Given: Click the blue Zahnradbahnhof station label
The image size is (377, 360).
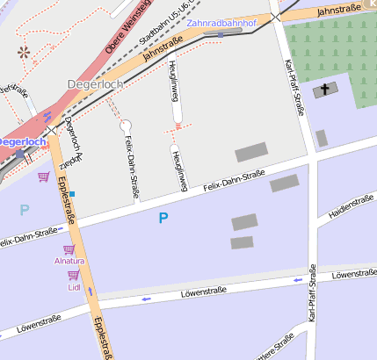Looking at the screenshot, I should [x=221, y=23].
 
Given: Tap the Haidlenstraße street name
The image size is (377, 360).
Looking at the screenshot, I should [x=351, y=206].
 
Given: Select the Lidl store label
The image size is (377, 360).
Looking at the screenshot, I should [x=74, y=286].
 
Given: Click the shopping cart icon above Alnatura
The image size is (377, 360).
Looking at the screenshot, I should [x=69, y=249].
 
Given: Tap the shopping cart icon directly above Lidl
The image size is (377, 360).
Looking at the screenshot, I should [x=74, y=275].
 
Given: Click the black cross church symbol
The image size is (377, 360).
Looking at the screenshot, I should [x=325, y=90].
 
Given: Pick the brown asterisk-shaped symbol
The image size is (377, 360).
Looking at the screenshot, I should [x=24, y=52].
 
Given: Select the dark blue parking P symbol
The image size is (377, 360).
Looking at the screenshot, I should [x=163, y=217].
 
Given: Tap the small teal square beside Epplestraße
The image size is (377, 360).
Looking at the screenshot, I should [x=73, y=193].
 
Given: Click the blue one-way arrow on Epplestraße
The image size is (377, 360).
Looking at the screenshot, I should [x=91, y=292].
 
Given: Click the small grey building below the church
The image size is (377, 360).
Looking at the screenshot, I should [x=322, y=138].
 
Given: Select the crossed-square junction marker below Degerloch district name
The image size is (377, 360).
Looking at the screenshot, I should [x=53, y=129].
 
